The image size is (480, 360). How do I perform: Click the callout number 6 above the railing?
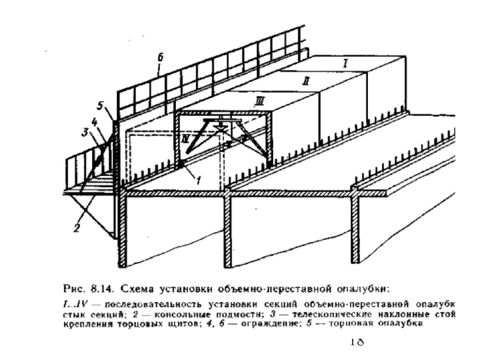(x=160, y=58)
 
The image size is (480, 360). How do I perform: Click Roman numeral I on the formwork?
(x=345, y=62)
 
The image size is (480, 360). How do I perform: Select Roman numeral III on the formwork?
(x=259, y=102)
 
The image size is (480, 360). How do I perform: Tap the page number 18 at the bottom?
(x=356, y=343)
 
